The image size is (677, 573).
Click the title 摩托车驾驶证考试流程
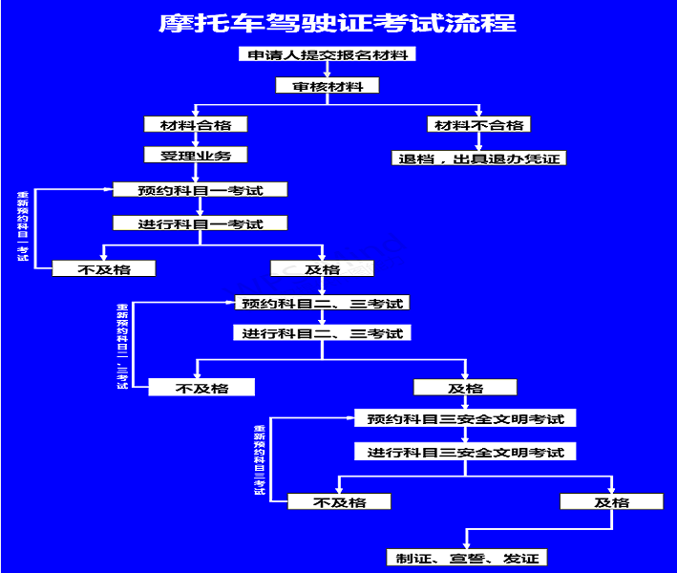pyautogui.click(x=337, y=23)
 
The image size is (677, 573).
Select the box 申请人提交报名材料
pyautogui.click(x=327, y=54)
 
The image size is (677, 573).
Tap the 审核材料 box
pyautogui.click(x=328, y=86)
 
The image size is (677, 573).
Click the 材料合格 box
pyautogui.click(x=196, y=124)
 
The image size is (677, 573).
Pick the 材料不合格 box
pyautogui.click(x=478, y=124)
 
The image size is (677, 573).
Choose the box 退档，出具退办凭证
pyautogui.click(x=478, y=159)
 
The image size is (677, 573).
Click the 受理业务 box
pyautogui.click(x=196, y=155)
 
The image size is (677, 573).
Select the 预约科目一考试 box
pyautogui.click(x=200, y=190)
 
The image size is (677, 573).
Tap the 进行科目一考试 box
pyautogui.click(x=200, y=223)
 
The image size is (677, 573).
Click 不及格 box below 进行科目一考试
pyautogui.click(x=104, y=269)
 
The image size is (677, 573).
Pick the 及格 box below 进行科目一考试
pyautogui.click(x=322, y=269)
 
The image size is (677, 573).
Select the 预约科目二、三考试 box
pyautogui.click(x=322, y=304)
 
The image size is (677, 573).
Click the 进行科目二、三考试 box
pyautogui.click(x=322, y=334)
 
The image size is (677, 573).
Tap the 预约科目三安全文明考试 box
pyautogui.click(x=465, y=418)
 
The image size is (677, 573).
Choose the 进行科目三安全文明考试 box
pyautogui.click(x=465, y=452)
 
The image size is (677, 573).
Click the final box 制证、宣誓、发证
pyautogui.click(x=465, y=558)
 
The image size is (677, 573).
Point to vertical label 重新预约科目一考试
pyautogui.click(x=22, y=227)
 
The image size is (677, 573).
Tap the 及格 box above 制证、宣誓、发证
pyautogui.click(x=611, y=501)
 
